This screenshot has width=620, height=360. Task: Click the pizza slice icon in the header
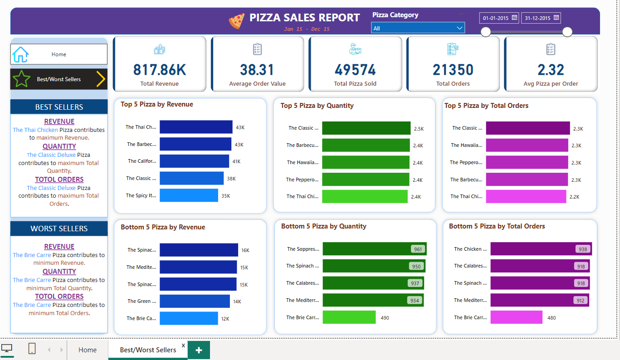click(236, 21)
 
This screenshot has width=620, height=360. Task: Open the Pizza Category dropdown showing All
click(418, 28)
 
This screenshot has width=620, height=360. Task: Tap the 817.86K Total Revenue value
click(160, 70)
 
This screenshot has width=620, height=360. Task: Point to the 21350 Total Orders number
click(453, 70)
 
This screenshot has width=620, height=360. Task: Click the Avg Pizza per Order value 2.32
click(551, 70)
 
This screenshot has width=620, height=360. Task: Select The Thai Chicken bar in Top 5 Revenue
click(196, 127)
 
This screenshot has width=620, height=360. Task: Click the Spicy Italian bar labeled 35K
click(189, 195)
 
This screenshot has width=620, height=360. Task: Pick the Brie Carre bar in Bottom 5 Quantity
click(349, 317)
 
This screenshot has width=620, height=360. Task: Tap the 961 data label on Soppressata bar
click(418, 249)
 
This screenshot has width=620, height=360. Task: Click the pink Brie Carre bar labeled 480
click(516, 317)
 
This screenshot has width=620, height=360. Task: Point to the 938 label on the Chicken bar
click(582, 249)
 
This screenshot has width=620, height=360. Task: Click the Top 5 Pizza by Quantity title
click(317, 106)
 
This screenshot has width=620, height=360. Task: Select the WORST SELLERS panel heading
click(59, 229)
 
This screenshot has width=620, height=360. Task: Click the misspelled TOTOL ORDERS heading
click(59, 179)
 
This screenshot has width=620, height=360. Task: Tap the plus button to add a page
click(199, 350)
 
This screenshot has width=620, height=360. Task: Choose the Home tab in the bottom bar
click(88, 350)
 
